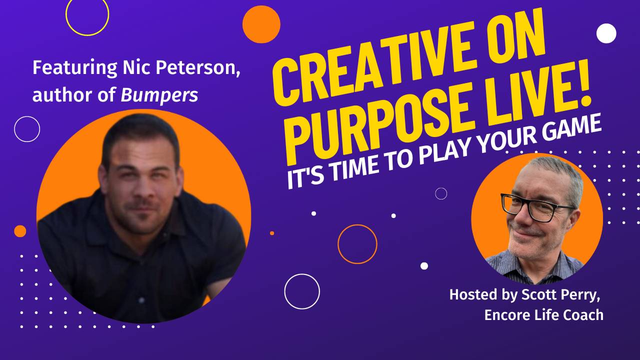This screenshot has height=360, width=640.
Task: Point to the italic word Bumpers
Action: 159,95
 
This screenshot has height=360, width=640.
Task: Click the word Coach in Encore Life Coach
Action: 586,315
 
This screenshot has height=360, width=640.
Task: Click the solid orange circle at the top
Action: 261,24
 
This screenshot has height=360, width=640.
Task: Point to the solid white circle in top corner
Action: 606,33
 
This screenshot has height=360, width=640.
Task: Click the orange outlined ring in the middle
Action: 357,244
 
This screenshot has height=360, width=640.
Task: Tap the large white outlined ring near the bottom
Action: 302,291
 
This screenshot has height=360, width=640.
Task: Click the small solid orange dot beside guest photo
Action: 20,231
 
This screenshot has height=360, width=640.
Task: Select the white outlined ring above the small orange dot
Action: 27,129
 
